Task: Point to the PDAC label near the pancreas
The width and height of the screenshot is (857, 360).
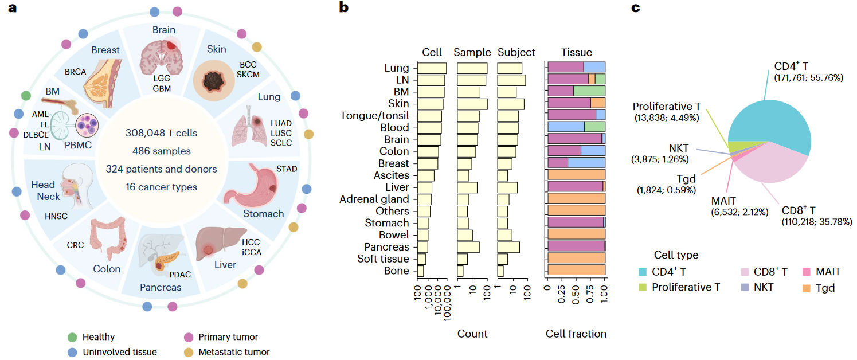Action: [179, 275]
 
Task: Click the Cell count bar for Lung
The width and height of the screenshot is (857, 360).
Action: [432, 68]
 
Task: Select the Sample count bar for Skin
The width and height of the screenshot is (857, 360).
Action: [472, 103]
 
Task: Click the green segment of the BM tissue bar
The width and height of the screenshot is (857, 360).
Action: [589, 91]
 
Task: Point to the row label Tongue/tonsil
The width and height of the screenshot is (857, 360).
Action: [375, 115]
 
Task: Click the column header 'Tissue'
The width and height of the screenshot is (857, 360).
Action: [576, 52]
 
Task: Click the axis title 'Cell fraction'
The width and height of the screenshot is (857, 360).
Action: [576, 334]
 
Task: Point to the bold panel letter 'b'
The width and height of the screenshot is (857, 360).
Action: [343, 7]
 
